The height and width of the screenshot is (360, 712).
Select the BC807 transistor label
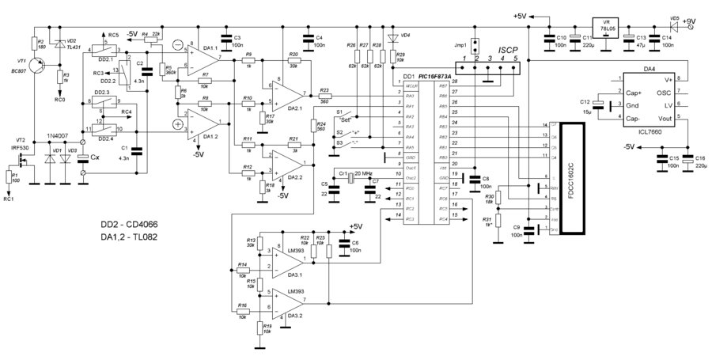coord(18,70)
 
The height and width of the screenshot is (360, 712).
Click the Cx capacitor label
coord(96,158)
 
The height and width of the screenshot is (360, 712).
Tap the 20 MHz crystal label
coord(362,172)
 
